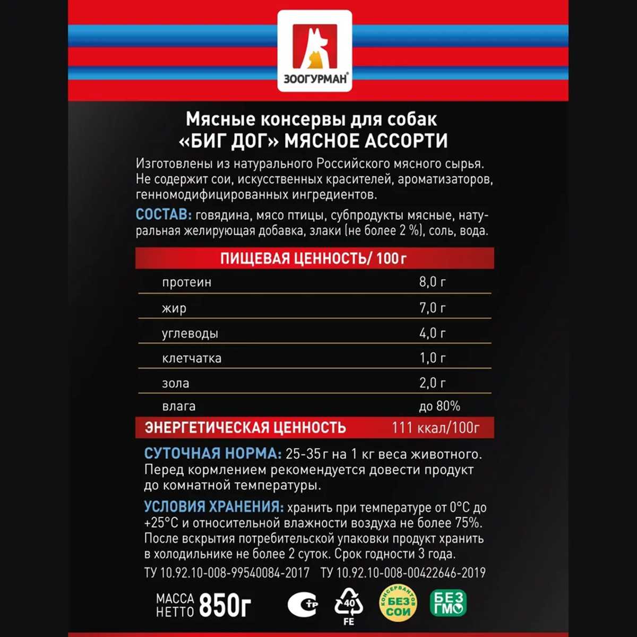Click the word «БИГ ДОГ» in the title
(227, 141)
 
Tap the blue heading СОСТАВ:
(163, 215)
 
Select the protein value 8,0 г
(432, 282)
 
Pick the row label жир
(174, 308)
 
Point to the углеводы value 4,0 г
(432, 333)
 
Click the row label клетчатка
(192, 358)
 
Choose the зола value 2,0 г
(432, 383)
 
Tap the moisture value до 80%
(440, 407)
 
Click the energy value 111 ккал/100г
(435, 428)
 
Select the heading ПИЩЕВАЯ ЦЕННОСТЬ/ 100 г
(314, 259)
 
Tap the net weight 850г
(225, 605)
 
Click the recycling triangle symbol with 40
(349, 604)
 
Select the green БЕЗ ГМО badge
(448, 604)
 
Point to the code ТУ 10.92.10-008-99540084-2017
(227, 573)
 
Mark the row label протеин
(186, 282)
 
